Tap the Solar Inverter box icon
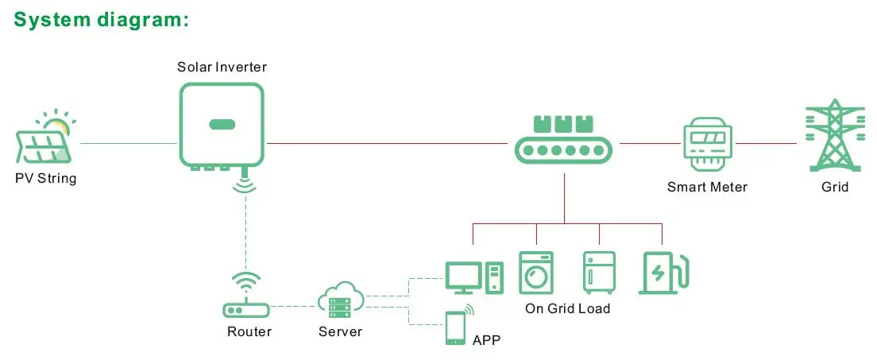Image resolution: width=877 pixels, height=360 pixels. click(222, 126)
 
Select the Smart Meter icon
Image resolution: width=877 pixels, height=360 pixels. click(707, 144)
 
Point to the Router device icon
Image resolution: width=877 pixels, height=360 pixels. click(245, 296)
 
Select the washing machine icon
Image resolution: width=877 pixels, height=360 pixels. click(536, 273)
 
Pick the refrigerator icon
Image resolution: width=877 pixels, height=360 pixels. click(599, 273)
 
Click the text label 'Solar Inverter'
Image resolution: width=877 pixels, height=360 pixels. click(222, 68)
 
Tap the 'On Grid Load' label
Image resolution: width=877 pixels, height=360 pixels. click(567, 308)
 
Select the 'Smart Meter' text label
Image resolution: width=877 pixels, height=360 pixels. click(707, 187)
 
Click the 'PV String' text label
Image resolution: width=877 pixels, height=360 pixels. click(45, 179)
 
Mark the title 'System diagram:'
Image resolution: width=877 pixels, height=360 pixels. click(102, 19)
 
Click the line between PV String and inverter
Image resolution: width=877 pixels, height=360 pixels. click(129, 143)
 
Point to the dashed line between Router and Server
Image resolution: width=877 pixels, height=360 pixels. click(293, 306)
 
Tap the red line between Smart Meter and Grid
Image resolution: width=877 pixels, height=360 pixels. click(766, 143)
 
